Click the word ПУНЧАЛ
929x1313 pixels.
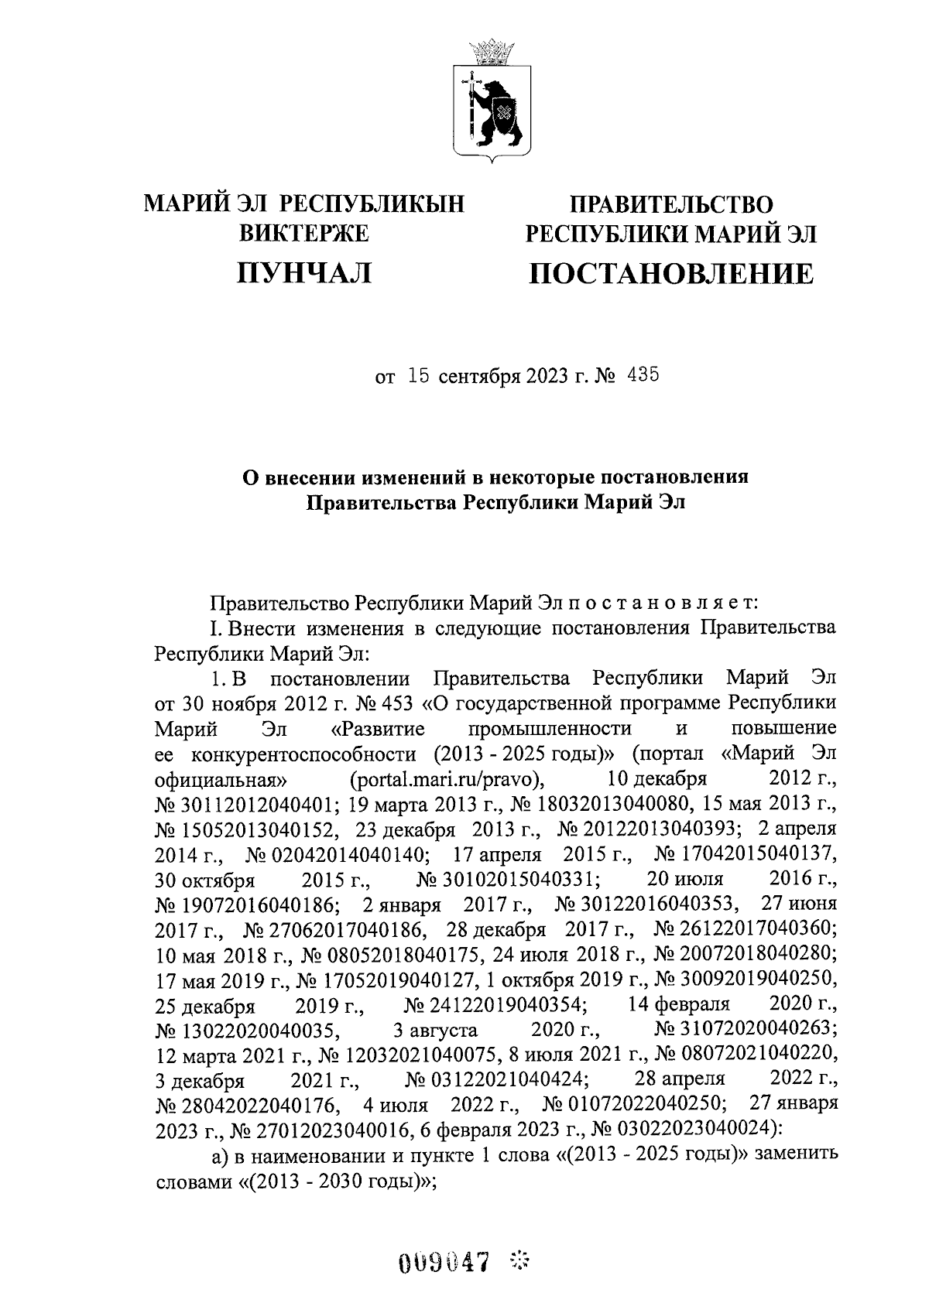[x=304, y=273]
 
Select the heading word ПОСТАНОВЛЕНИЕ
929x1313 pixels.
[x=671, y=273]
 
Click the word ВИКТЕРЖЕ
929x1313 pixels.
[x=304, y=232]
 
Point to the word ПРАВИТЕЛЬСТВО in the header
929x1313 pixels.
[x=671, y=204]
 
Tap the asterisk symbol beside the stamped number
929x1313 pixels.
[x=519, y=1263]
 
